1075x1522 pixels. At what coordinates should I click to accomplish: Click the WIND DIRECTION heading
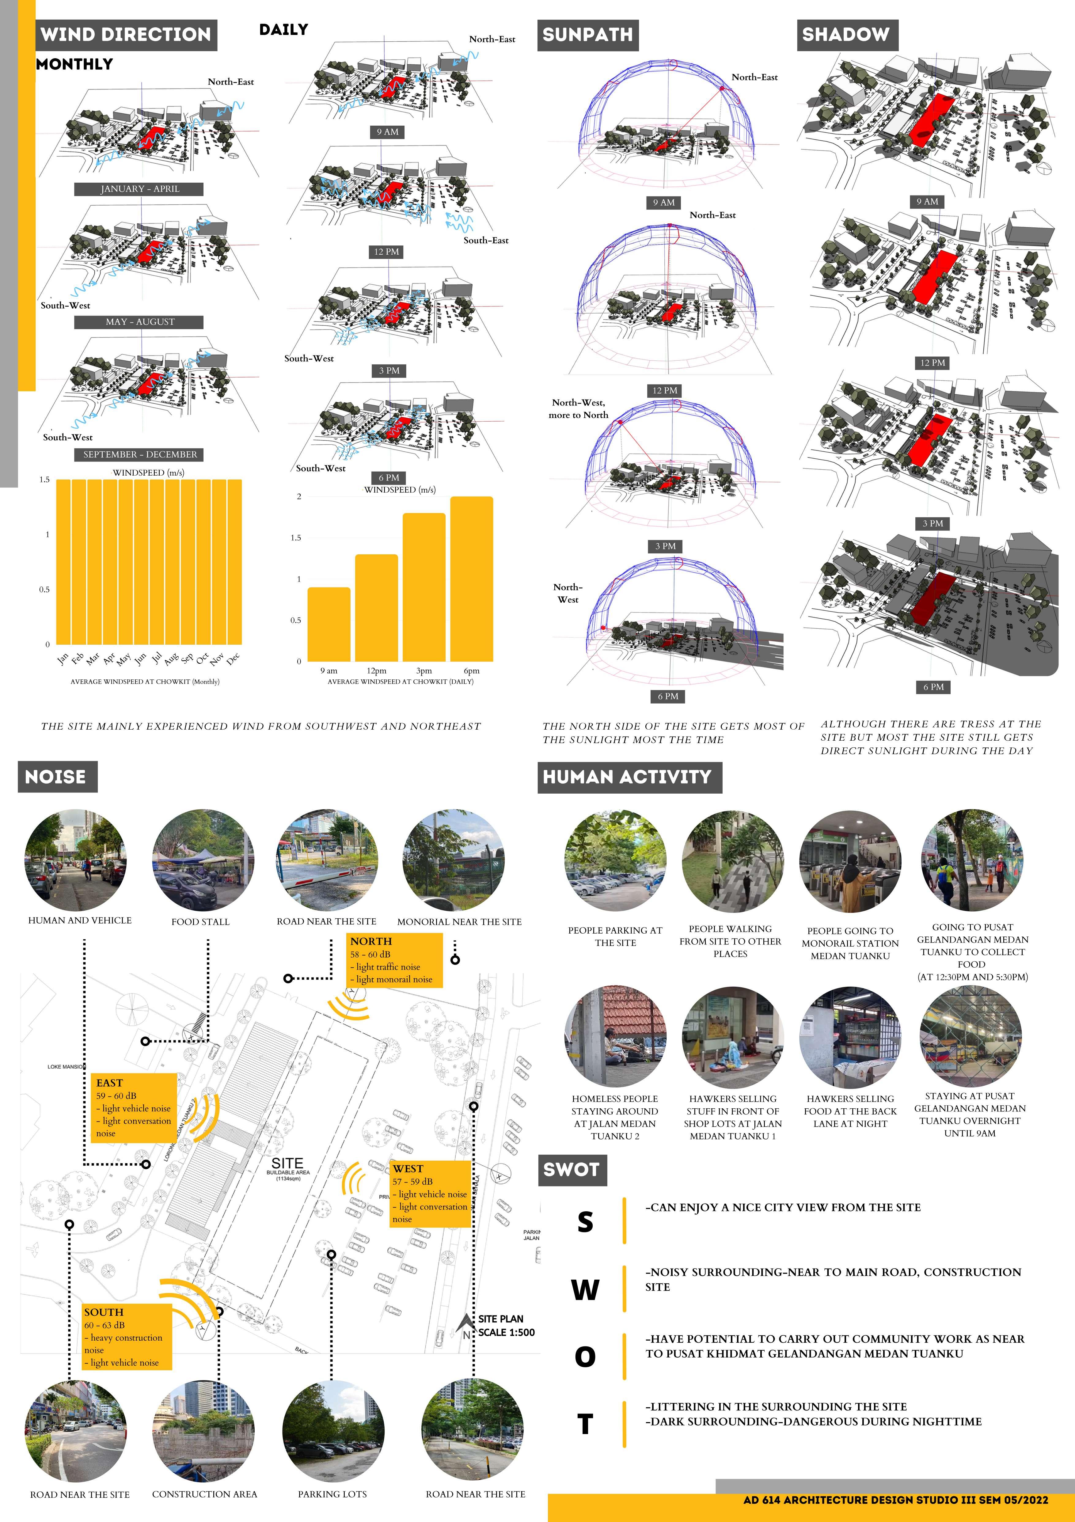pos(126,34)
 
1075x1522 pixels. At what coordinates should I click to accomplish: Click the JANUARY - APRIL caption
pos(139,189)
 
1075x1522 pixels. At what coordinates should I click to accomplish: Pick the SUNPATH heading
pos(587,34)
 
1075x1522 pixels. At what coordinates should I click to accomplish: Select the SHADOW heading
pos(846,34)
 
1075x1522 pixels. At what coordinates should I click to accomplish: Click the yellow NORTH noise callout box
pos(394,960)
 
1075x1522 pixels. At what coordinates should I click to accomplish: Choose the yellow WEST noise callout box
pos(430,1193)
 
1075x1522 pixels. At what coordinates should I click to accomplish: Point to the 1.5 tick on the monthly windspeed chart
pos(44,479)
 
